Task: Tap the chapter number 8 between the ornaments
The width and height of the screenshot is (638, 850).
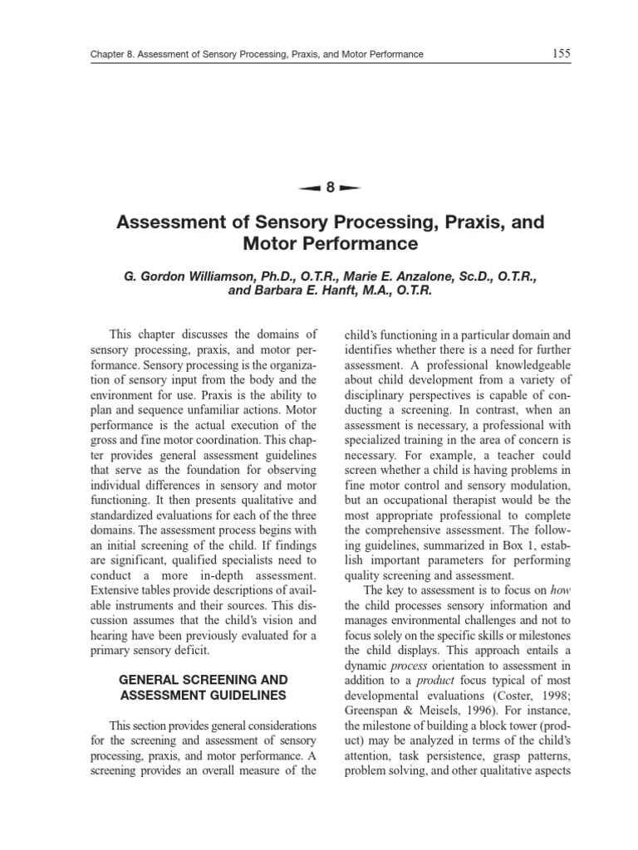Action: coord(331,188)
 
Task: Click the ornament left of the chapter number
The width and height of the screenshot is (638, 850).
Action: coord(310,188)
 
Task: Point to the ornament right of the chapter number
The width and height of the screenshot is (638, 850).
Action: coord(351,188)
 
